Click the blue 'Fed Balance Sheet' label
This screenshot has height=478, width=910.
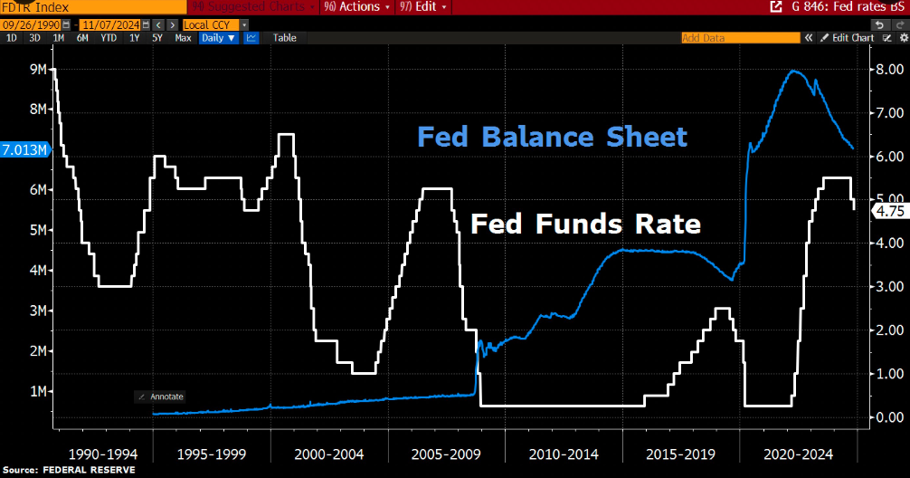click(552, 138)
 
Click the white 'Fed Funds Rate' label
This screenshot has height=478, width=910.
click(585, 224)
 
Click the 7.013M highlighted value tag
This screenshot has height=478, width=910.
click(25, 149)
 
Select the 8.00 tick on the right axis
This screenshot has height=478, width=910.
click(882, 69)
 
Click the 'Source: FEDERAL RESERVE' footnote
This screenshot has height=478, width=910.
click(70, 470)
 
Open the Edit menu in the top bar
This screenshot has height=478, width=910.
click(426, 6)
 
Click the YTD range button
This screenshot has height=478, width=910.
click(108, 38)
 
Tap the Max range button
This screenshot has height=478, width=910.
click(183, 38)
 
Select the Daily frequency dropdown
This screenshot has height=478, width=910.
click(218, 38)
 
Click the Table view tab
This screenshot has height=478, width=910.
click(284, 38)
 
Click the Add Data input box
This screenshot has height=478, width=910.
click(739, 38)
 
